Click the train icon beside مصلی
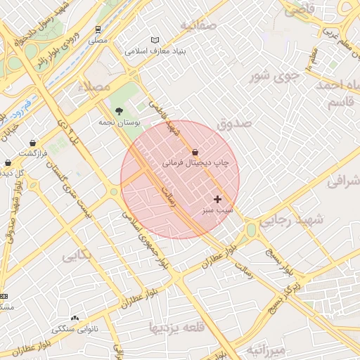click(x=98, y=30)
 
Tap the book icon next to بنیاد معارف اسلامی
click(x=155, y=40)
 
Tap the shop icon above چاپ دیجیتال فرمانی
click(x=195, y=152)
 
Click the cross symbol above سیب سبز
click(x=217, y=200)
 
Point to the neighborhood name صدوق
click(x=234, y=124)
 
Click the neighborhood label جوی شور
click(x=276, y=75)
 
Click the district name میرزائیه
click(x=266, y=349)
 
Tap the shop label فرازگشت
click(x=32, y=153)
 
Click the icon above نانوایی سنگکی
click(x=75, y=318)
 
